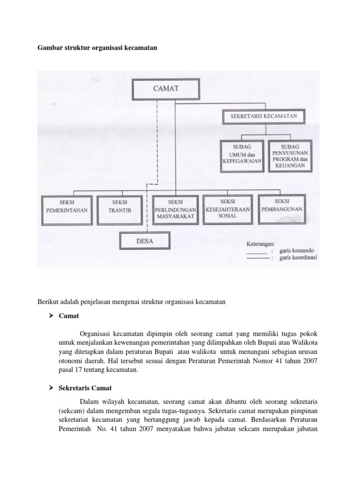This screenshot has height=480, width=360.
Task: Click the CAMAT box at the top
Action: click(x=159, y=89)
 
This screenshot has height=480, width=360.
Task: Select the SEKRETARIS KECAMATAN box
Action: click(x=263, y=115)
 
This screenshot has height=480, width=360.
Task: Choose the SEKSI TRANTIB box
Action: click(x=120, y=206)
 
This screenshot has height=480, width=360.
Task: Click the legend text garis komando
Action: click(x=295, y=251)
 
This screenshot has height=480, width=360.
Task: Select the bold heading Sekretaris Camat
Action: click(x=85, y=388)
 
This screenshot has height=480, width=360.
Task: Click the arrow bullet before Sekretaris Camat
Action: click(x=52, y=388)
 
